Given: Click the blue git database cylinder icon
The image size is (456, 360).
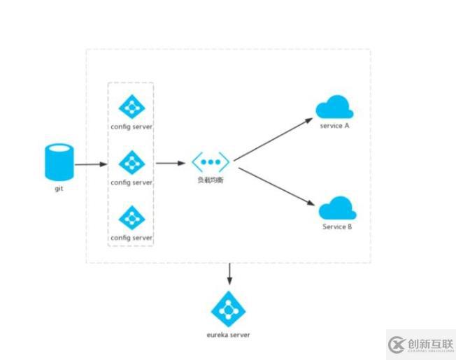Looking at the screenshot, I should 59,161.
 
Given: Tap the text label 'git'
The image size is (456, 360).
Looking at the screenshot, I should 59,189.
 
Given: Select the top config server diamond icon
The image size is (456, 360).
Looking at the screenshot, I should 131,107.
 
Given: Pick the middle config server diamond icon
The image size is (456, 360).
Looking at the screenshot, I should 131,162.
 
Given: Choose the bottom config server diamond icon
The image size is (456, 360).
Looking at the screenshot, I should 131,217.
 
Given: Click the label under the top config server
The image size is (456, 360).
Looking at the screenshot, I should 131,127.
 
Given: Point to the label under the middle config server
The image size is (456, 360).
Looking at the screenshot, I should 131,182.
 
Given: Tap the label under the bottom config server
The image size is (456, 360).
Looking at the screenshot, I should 131,238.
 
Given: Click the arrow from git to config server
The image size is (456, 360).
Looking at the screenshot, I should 91,165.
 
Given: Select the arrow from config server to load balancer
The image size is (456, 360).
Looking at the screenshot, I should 171,164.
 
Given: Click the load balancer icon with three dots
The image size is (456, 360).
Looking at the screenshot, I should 211,162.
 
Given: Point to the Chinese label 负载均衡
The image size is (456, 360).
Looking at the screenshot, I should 211,181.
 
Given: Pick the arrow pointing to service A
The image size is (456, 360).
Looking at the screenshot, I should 273,140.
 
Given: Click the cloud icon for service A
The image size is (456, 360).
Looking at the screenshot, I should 334,108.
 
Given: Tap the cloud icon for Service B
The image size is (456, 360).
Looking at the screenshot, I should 337,208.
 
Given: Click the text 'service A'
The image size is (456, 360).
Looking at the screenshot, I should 334,126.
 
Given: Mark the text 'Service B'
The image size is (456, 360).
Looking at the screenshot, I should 337,226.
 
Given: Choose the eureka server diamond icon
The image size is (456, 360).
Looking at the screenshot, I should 229,308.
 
